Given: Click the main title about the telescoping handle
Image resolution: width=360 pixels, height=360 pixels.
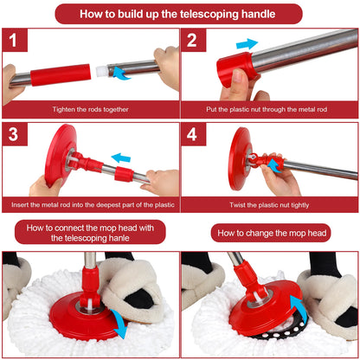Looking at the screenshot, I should [179, 14].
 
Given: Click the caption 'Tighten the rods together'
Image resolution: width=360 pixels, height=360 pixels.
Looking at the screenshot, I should [89, 109].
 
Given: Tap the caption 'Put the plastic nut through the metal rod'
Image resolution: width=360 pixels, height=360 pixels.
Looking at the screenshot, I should [269, 109].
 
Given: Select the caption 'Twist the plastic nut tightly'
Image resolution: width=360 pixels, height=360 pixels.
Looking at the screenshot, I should [269, 205].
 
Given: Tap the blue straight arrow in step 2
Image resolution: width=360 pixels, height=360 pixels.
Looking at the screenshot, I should [247, 43].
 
